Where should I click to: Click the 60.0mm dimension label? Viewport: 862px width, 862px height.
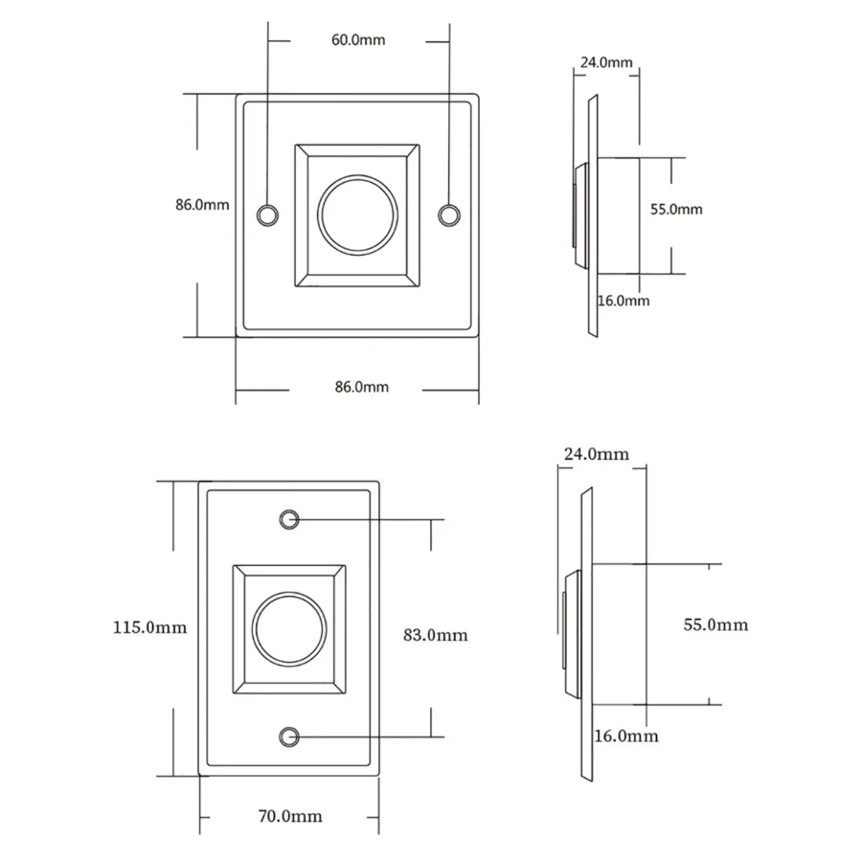(359, 40)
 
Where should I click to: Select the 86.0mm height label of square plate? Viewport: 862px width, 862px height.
(202, 205)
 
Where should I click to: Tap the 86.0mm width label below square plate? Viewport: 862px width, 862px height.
(361, 387)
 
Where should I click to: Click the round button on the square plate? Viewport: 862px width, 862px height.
(356, 215)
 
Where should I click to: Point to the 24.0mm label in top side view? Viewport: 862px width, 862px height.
(605, 63)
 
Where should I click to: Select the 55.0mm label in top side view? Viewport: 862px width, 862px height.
(676, 209)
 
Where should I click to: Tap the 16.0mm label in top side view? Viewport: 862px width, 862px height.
(624, 300)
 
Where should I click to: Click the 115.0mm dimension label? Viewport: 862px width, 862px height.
(149, 628)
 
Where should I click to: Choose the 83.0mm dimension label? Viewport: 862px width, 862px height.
(436, 634)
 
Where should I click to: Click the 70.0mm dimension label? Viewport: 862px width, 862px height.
(290, 816)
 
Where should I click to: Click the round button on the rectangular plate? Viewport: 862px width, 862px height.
(290, 629)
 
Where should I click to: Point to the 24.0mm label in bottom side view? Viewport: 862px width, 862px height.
(597, 453)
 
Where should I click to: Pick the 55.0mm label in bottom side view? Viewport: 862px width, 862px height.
(715, 624)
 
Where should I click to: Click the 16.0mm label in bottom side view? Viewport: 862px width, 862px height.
(626, 736)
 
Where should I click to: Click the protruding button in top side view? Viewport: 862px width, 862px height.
(578, 215)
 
